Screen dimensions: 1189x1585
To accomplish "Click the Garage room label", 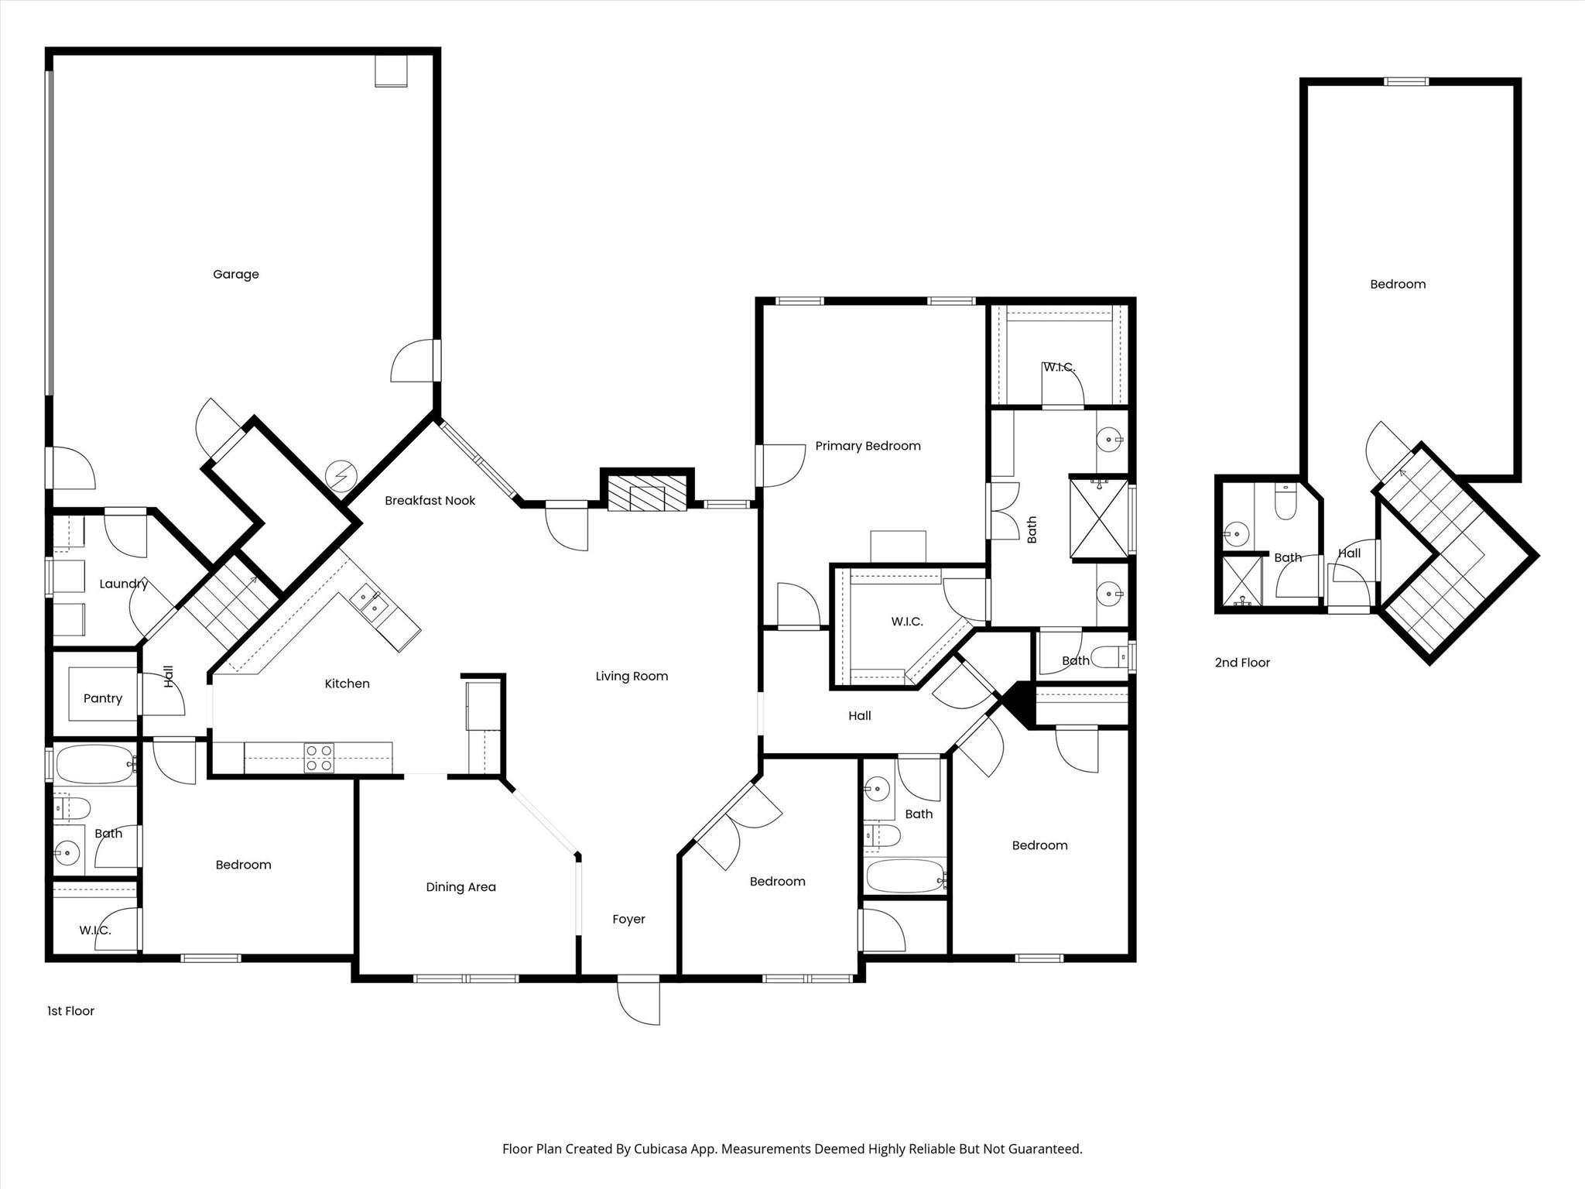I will coord(235,274).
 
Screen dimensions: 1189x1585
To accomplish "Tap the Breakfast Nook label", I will coord(430,501).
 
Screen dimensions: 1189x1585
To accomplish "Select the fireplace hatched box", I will coord(647,493).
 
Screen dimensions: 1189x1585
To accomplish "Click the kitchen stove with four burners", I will coord(319,758).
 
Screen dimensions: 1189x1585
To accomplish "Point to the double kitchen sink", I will coord(369,605).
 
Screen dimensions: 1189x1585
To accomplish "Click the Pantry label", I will coord(102,698).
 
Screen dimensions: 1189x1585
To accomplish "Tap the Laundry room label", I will coord(123,584).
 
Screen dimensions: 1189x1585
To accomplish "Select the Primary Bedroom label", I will coord(868,446).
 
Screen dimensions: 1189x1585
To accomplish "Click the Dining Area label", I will coord(460,887).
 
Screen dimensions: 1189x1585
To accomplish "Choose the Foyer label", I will coord(628,919).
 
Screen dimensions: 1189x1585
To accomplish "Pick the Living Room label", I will coord(632,676).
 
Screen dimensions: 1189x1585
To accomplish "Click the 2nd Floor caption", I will coord(1242,663).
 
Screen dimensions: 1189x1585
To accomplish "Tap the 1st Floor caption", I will coord(70,1011).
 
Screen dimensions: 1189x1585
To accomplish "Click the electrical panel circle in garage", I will coord(341,475).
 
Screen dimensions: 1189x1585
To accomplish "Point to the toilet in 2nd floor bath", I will coord(1285,504).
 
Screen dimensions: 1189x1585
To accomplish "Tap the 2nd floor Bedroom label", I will coord(1398,284).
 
